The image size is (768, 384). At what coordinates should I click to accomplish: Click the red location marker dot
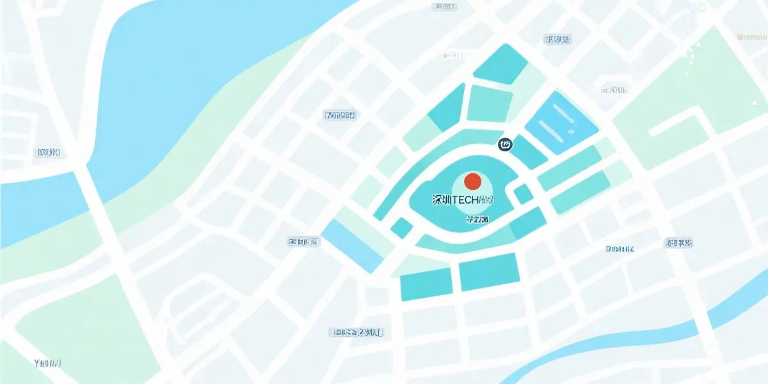472,180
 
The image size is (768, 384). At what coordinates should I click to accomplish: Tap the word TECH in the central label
465,200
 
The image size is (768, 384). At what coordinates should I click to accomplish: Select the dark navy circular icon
505,145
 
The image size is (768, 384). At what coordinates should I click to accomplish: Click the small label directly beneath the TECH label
477,220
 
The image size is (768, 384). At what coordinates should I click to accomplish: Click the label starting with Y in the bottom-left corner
47,363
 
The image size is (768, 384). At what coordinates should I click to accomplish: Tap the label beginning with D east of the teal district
620,248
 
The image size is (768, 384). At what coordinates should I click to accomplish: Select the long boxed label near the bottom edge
356,332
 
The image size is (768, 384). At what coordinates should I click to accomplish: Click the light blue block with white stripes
561,122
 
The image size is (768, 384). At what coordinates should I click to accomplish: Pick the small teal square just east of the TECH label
524,193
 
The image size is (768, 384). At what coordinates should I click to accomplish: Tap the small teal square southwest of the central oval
402,228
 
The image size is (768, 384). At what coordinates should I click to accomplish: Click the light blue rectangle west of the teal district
352,245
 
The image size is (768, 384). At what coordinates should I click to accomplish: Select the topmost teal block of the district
500,64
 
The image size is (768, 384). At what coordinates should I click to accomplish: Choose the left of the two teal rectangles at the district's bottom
426,284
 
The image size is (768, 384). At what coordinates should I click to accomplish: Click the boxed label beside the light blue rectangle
304,242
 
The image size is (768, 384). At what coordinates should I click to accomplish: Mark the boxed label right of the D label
678,243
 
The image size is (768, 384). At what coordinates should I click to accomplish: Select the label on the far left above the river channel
49,152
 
